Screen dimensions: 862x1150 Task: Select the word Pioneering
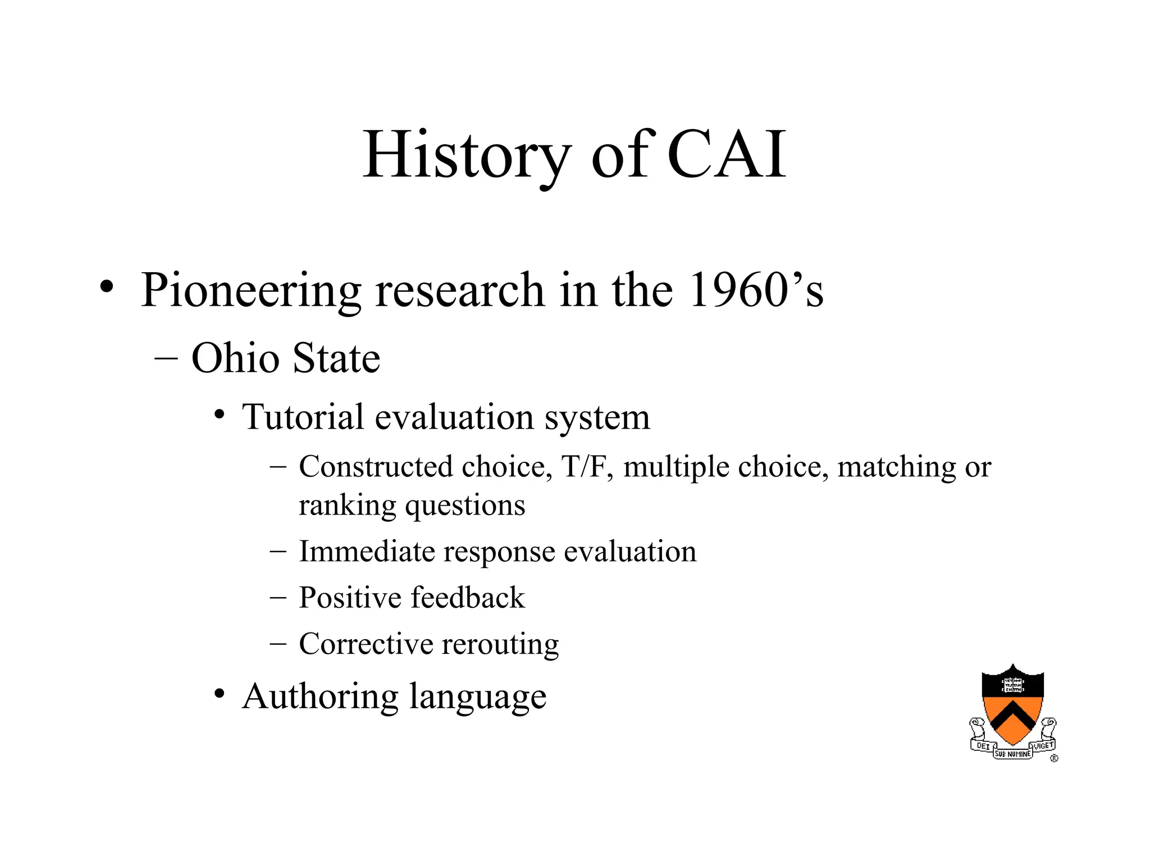coord(250,291)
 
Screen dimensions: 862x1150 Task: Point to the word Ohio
coord(235,358)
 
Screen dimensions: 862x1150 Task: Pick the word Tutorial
coord(303,417)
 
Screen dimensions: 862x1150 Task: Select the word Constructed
coord(376,467)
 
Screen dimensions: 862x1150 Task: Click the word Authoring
coord(320,696)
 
